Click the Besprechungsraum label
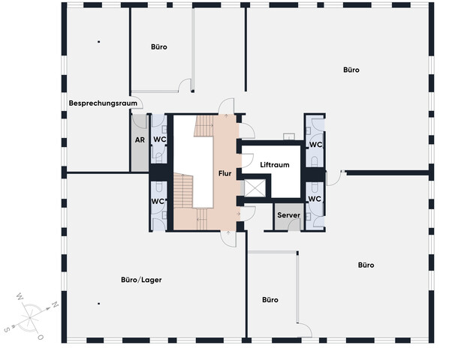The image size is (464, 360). pyautogui.click(x=103, y=103)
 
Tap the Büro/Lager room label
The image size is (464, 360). pyautogui.click(x=141, y=280)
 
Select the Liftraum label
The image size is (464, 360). pyautogui.click(x=275, y=165)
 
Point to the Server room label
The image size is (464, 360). pyautogui.click(x=288, y=215)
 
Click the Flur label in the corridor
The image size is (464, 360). pyautogui.click(x=225, y=173)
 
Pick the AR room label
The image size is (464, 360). pyautogui.click(x=140, y=139)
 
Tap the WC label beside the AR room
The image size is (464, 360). pyautogui.click(x=160, y=139)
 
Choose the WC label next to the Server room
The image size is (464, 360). pyautogui.click(x=315, y=199)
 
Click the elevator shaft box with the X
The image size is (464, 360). pyautogui.click(x=255, y=188)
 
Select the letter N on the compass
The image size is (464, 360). pyautogui.click(x=55, y=304)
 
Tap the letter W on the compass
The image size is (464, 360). pyautogui.click(x=20, y=296)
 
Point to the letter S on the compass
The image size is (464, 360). pyautogui.click(x=7, y=329)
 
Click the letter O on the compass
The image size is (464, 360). pyautogui.click(x=41, y=337)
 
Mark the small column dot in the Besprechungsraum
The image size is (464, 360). pyautogui.click(x=99, y=42)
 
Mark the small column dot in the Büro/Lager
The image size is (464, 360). pyautogui.click(x=99, y=304)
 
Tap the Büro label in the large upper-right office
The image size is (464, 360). pyautogui.click(x=351, y=70)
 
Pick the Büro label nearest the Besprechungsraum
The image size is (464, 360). pyautogui.click(x=159, y=46)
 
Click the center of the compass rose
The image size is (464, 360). pyautogui.click(x=30, y=318)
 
